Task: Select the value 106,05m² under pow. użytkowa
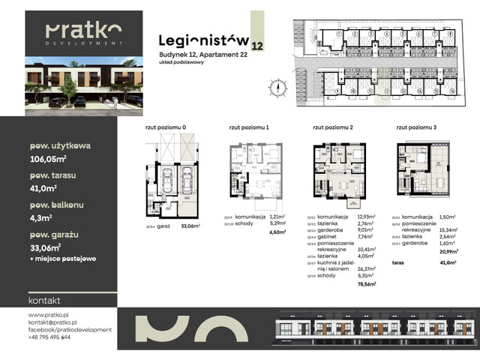[x=49, y=158]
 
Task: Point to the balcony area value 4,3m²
[x=40, y=218]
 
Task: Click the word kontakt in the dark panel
[x=43, y=299]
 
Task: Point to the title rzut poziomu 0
[x=166, y=128]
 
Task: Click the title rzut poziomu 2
[x=333, y=128]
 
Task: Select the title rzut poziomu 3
[x=418, y=128]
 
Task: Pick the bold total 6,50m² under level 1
[x=277, y=232]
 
